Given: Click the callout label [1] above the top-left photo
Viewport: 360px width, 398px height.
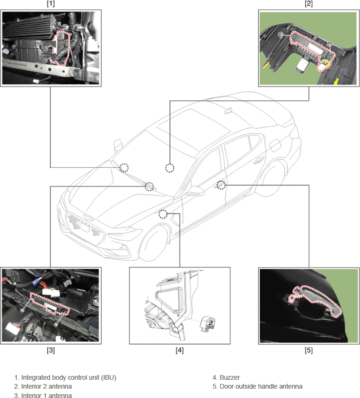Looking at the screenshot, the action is point(51,4).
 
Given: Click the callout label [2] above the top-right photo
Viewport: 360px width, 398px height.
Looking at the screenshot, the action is point(309,4).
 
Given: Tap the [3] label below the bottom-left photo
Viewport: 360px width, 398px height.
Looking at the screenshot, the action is point(51,350).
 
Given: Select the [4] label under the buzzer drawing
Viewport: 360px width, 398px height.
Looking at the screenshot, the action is point(180,350).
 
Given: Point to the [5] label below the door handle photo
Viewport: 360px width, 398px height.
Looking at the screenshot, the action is point(309,350).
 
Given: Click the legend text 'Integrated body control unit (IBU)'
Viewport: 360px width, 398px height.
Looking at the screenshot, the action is point(68,377).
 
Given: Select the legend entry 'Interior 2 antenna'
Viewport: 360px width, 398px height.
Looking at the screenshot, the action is point(46,386).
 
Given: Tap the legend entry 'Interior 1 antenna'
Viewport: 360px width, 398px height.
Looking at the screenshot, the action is point(46,395).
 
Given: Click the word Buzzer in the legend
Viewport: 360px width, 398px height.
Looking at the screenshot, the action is point(229,377).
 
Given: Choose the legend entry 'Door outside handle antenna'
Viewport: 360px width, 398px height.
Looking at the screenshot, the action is point(261,386).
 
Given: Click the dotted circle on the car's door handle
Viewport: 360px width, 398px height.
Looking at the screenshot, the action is point(221,185).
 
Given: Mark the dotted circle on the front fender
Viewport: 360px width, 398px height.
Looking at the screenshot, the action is point(163,214).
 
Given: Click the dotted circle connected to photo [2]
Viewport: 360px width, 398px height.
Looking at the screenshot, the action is point(170,168).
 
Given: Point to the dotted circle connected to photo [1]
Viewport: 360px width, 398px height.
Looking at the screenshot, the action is point(124,168).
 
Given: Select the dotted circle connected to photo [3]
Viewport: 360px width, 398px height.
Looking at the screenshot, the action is point(149,186).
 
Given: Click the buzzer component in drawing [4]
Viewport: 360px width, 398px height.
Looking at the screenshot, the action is point(208,324).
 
